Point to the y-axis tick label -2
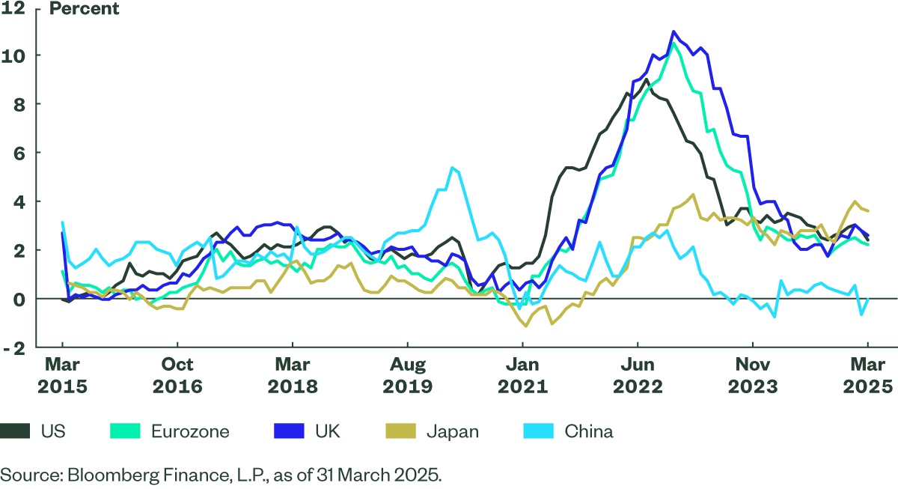[16, 347]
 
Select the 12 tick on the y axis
[16, 9]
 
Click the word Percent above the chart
[84, 10]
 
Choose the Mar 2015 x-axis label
[62, 376]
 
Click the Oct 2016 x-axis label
[177, 376]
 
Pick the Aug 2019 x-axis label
[408, 376]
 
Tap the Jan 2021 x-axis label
[523, 376]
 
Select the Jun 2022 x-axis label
[638, 376]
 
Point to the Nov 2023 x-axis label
[753, 376]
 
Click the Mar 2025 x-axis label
[868, 376]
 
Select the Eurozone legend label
[190, 431]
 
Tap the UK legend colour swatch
[289, 431]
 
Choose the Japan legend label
[452, 431]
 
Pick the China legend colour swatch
[538, 431]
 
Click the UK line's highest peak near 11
[673, 31]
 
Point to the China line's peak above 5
[451, 168]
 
